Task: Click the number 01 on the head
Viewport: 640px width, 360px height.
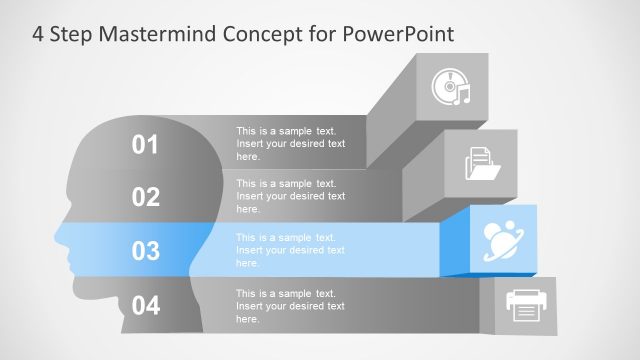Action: pos(146,146)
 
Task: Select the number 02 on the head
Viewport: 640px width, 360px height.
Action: pos(146,197)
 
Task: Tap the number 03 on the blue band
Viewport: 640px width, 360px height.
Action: pos(146,251)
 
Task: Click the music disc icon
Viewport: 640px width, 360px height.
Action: pos(451,87)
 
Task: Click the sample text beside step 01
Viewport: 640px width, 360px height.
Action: pos(290,144)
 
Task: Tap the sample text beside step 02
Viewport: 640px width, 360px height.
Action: pos(290,196)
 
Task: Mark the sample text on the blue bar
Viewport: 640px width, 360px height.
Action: pos(290,250)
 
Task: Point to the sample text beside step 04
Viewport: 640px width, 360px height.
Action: pos(290,305)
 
